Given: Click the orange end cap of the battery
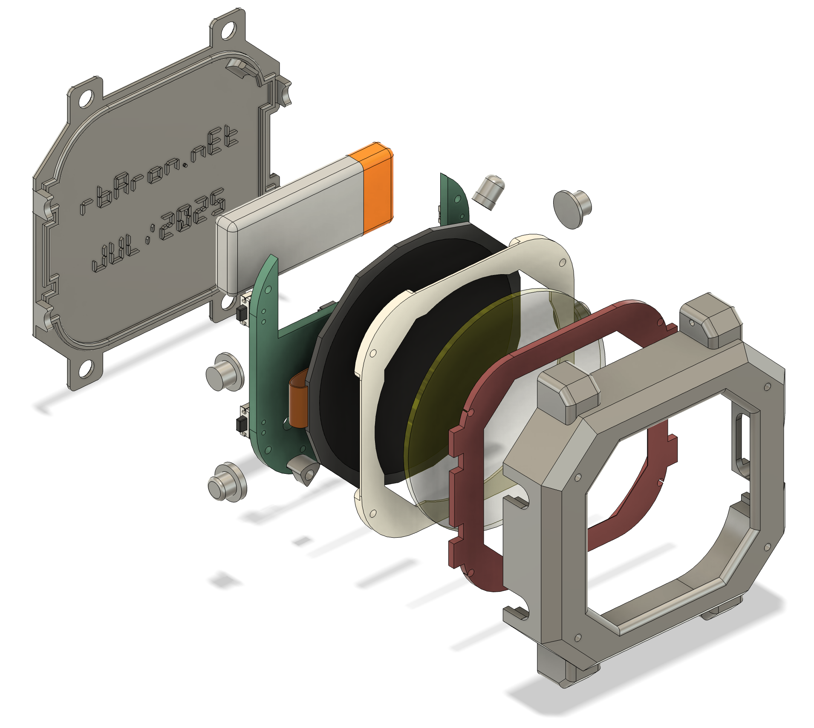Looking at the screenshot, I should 377,187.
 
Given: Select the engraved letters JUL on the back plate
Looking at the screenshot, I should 115,254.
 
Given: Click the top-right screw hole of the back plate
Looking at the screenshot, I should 228,31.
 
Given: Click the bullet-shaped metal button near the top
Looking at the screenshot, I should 489,191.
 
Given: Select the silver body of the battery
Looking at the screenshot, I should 290,221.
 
